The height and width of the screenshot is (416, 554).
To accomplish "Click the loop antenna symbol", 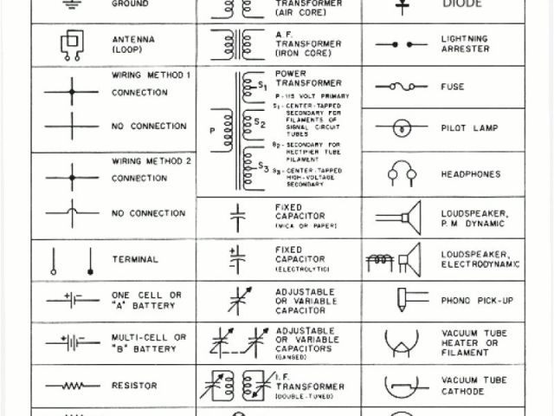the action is [71, 45].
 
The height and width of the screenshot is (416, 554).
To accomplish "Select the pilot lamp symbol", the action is [401, 127].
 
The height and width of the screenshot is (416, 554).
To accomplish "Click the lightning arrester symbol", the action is [401, 44].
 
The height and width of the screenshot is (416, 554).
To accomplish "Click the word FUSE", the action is [453, 87].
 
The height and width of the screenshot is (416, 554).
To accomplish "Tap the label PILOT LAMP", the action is [469, 128].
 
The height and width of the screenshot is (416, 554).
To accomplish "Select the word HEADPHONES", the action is [470, 174].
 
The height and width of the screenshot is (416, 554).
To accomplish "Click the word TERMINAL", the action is [135, 259].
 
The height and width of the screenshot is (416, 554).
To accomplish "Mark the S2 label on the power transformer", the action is [260, 124].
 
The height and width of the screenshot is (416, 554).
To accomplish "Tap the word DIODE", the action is [461, 3].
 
